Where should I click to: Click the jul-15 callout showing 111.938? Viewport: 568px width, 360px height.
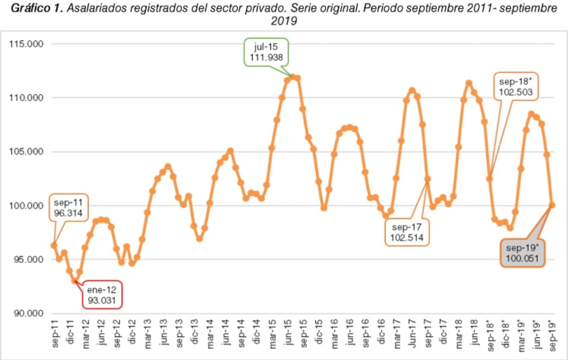tap(267, 52)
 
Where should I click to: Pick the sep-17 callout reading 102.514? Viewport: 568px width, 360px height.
tap(407, 231)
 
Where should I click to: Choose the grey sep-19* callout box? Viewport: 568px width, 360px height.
tap(523, 253)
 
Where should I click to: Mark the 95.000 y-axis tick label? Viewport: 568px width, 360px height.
tap(29, 259)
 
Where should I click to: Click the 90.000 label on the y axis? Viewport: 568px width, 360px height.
tap(29, 313)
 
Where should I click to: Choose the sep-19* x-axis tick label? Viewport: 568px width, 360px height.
tap(552, 335)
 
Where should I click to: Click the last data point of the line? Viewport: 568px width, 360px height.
tap(552, 205)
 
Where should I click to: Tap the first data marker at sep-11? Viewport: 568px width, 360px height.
tap(54, 245)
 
